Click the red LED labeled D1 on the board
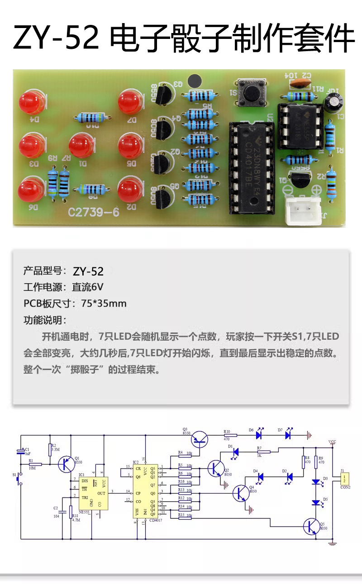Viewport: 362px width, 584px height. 81,146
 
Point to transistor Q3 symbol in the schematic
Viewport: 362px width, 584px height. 200,437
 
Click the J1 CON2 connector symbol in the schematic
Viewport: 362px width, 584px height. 344,479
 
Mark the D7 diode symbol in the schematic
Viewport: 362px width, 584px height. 287,435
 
